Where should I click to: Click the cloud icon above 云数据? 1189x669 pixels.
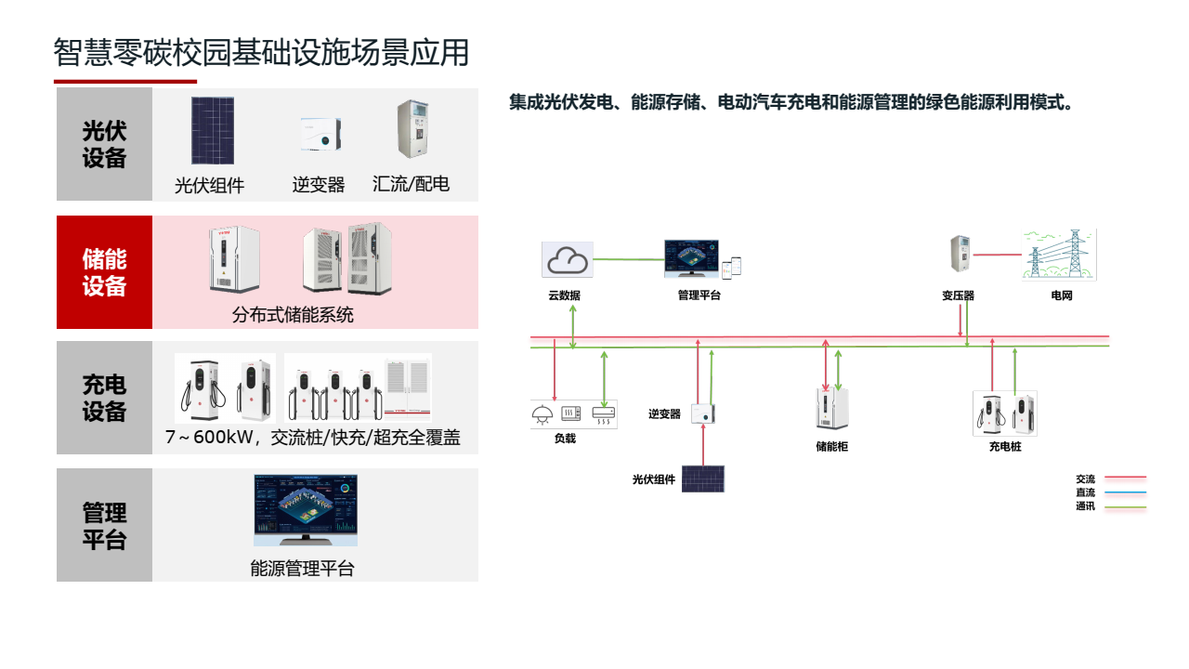point(568,260)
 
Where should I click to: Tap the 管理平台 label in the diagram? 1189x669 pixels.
point(699,295)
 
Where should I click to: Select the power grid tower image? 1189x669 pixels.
point(1060,255)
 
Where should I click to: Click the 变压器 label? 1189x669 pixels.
point(958,295)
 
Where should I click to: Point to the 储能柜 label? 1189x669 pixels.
point(831,447)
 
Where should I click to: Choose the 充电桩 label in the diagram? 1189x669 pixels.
point(1004,447)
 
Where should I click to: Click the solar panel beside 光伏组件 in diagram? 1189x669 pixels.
point(702,479)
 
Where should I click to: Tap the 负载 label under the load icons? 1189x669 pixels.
point(565,439)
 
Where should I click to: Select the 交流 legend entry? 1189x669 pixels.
point(1085,479)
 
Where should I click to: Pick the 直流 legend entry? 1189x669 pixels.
point(1085,492)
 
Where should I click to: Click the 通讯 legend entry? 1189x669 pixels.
point(1085,506)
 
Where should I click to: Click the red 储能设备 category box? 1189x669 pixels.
point(104,272)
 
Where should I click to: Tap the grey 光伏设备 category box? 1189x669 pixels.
point(104,144)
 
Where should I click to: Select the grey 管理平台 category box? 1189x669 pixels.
point(104,525)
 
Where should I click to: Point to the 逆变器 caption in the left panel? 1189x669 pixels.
point(319,186)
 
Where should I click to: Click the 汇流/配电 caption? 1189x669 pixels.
point(411,184)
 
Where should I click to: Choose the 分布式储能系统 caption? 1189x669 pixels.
point(293,315)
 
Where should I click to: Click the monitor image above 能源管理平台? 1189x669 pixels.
point(306,509)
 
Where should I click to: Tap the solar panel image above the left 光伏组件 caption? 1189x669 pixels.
point(213,130)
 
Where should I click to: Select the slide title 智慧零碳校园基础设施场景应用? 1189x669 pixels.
point(261,52)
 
